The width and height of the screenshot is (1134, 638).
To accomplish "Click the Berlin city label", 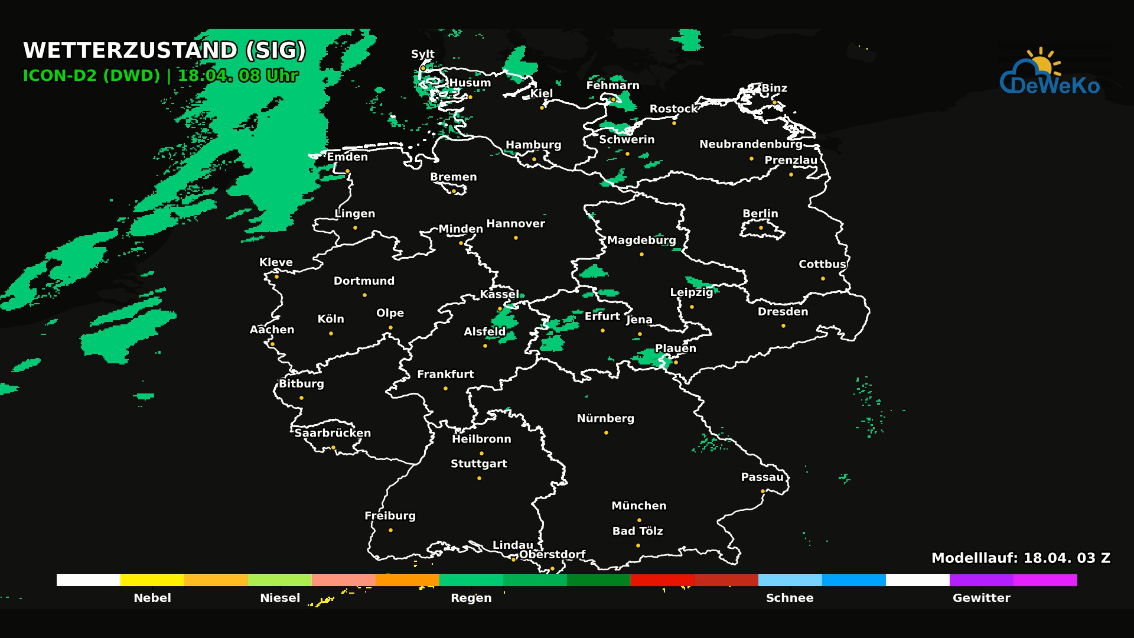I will (760, 213).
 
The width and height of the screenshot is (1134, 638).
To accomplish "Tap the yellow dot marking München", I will (639, 520).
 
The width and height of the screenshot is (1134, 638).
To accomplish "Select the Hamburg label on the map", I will (533, 145).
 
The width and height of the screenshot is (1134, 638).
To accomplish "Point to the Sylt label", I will (423, 54).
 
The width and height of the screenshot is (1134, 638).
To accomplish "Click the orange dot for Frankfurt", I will (445, 389).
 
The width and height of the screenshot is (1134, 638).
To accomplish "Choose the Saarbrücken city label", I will (333, 433).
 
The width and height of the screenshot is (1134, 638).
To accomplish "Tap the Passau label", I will (762, 477).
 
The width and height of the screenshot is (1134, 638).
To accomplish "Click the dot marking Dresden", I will (783, 326).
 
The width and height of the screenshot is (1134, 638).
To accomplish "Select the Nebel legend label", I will (152, 598).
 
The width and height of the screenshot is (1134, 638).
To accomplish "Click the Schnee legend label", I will (790, 598).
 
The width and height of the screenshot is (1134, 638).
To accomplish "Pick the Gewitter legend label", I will (981, 598).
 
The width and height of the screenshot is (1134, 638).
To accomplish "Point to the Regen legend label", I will (471, 598).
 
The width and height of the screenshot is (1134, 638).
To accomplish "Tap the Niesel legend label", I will (280, 598).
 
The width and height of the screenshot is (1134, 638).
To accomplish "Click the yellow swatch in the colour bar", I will (152, 580).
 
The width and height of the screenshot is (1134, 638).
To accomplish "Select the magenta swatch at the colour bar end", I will (1045, 580).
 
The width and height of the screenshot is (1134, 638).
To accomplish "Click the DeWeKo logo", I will (1050, 74).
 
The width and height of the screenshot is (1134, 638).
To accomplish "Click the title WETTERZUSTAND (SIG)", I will (164, 51).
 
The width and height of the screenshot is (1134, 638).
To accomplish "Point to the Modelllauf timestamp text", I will (1021, 558).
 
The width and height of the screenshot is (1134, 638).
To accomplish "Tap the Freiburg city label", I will (390, 516).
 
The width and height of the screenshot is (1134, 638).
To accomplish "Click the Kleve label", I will (276, 262).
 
